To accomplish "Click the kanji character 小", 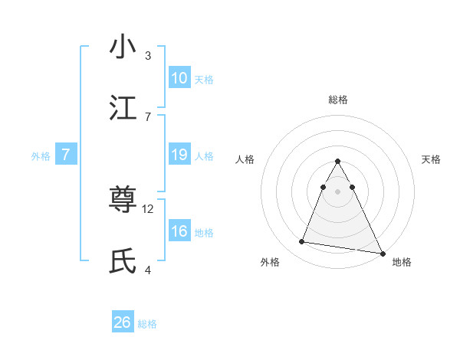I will (123, 47).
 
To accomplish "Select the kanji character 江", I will (123, 108).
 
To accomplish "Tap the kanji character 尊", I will (123, 201).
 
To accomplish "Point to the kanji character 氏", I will (123, 262).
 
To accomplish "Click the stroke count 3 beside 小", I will (148, 55).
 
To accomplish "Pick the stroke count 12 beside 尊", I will (149, 208).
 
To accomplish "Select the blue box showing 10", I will (179, 78).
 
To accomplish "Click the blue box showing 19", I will (179, 155).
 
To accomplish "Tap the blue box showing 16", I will (179, 231).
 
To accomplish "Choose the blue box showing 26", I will (123, 322).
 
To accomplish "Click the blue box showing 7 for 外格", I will (66, 155).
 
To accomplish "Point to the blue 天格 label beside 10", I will (204, 80).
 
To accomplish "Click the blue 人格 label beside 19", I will (204, 156).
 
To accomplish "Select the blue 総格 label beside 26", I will (147, 324).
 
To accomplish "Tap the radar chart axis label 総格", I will (338, 100).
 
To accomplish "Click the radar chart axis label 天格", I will (431, 159).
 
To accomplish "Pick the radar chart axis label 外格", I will (270, 262).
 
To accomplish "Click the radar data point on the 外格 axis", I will (302, 242).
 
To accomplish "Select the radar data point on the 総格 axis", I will (338, 162).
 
